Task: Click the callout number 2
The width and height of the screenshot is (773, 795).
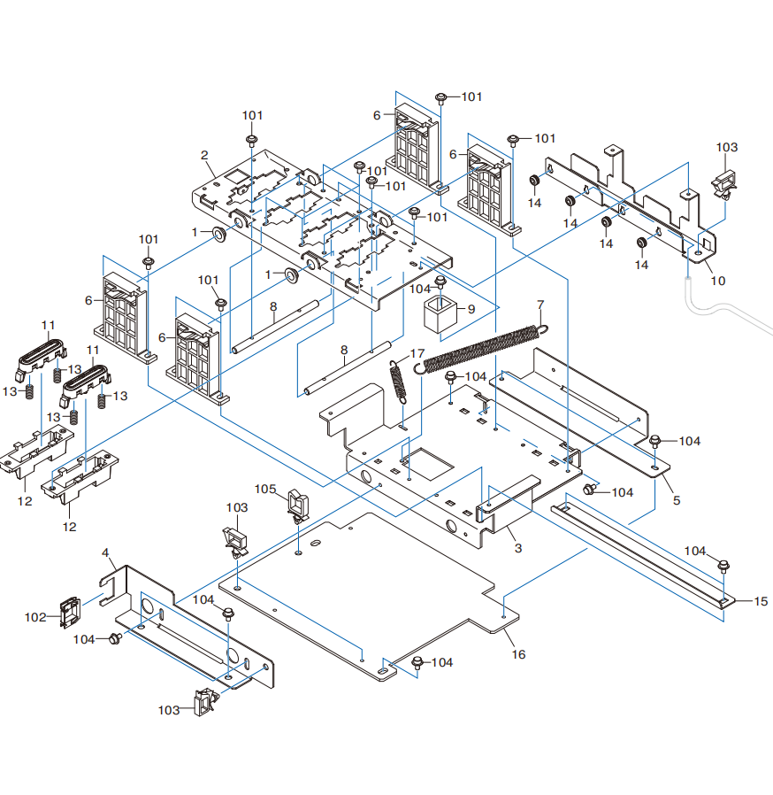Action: point(204,155)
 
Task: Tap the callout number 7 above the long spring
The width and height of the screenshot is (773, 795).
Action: point(540,305)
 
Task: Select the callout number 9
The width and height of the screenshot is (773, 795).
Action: point(471,309)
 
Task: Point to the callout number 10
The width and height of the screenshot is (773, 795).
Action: point(718,281)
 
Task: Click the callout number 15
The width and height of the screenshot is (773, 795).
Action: point(761,601)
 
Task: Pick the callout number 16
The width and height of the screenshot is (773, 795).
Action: point(518,654)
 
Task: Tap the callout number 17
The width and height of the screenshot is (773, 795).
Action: point(417,353)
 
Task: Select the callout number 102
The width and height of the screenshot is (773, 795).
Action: point(35,617)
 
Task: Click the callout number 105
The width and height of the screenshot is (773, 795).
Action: point(265,490)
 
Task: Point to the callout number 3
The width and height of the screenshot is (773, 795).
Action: point(517,548)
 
